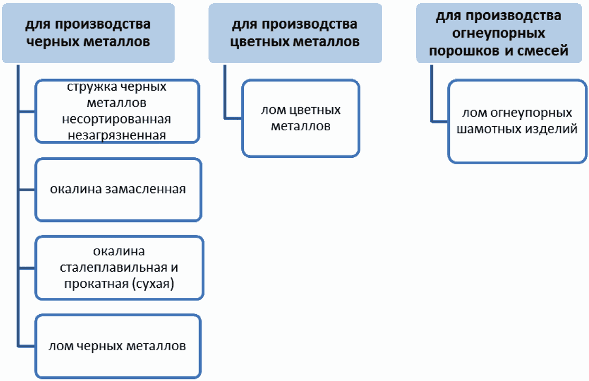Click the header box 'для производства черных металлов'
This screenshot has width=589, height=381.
coord(88,33)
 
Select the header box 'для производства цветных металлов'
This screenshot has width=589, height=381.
coord(295,33)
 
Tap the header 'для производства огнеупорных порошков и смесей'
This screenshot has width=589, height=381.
coord(499,33)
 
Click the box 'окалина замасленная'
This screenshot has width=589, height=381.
coord(119,190)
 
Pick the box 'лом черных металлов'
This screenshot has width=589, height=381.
coord(118,347)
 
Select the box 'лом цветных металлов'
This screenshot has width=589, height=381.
coord(301,118)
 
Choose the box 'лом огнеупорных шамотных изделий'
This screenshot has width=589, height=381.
coord(517,121)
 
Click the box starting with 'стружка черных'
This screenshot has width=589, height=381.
coord(117,111)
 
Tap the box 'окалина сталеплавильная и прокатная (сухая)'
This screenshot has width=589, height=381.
coord(119,268)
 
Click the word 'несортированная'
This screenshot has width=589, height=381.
coord(116,119)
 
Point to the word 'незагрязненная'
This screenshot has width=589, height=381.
coord(117,136)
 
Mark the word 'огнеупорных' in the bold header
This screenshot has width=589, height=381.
coord(499,33)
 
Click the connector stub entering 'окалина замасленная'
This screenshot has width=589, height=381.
coord(26,190)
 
